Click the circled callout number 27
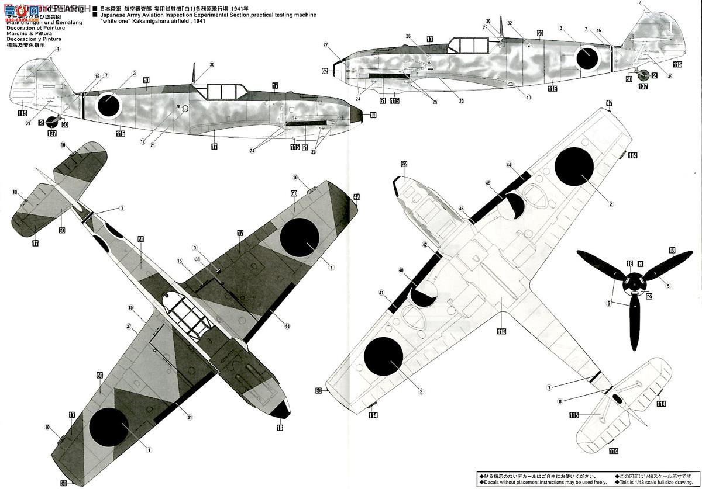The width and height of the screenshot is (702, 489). click(x=326, y=44)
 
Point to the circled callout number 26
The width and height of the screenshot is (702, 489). click(x=408, y=36)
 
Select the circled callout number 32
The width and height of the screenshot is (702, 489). click(x=510, y=23)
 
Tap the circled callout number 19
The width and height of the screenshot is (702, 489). click(x=528, y=98)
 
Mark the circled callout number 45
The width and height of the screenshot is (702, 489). click(x=488, y=183)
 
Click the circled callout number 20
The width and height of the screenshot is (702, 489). click(x=461, y=101)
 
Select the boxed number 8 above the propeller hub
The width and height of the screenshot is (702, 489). click(x=640, y=264)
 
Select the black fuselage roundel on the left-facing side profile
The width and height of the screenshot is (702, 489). click(x=108, y=105)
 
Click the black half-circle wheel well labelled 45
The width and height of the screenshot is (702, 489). click(x=514, y=206)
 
